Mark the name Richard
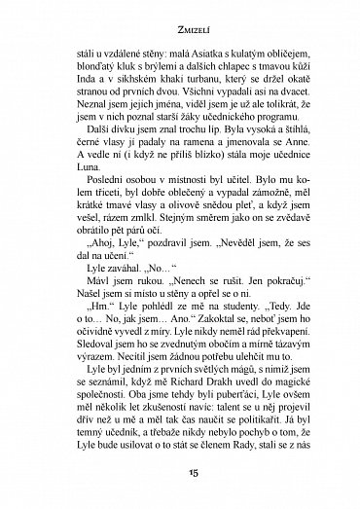click(x=168, y=382)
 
